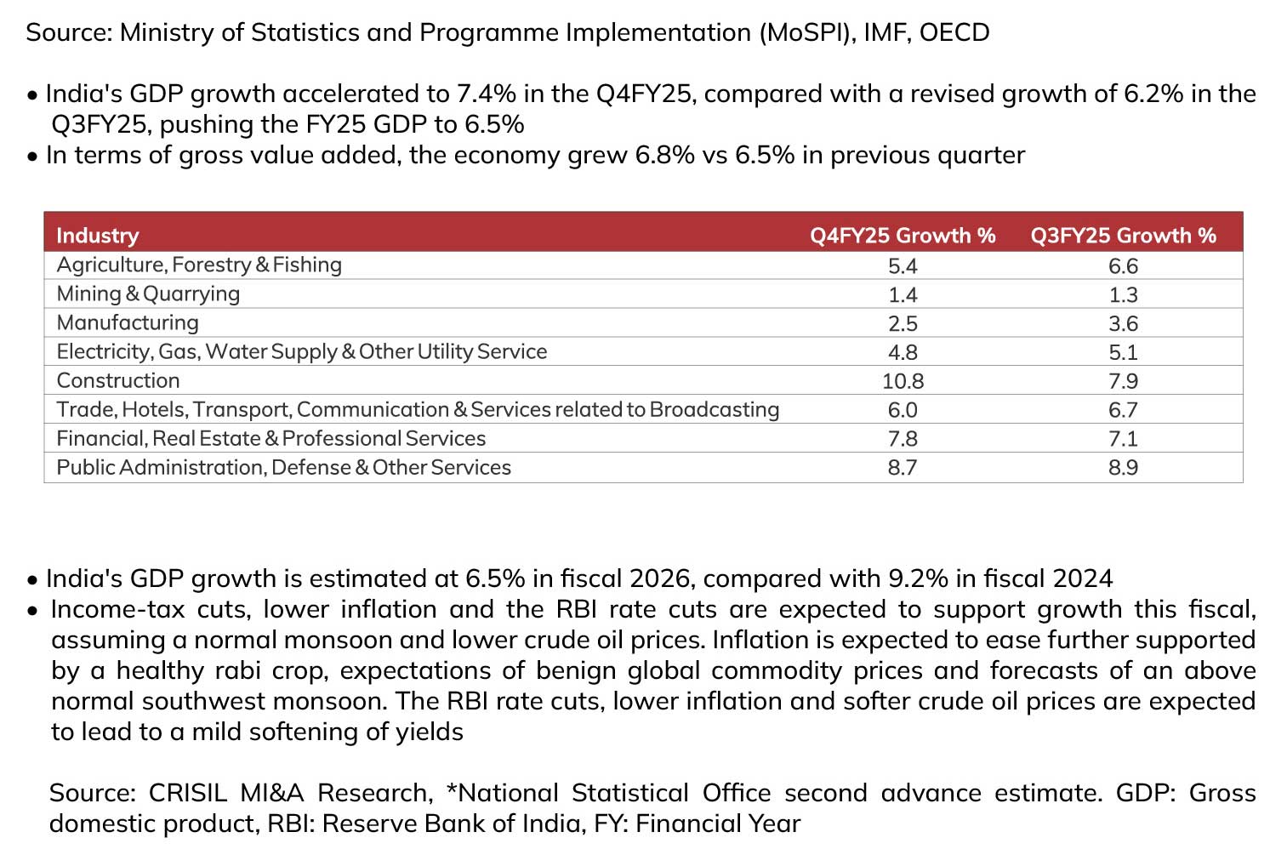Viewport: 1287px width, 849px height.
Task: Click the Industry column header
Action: coord(98,236)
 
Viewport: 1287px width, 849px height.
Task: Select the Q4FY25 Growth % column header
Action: coord(903,236)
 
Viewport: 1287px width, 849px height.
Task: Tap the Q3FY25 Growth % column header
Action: coord(1123,236)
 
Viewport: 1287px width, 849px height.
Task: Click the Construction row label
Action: coord(117,380)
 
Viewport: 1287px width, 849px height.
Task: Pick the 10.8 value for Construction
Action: coord(903,381)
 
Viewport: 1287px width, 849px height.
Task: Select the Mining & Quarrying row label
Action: coord(148,294)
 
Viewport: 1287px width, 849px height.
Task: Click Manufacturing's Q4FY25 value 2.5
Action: coord(903,323)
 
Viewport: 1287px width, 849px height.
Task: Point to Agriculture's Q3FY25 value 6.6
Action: coord(1123,266)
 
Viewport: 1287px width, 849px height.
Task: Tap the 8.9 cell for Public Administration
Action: coord(1123,468)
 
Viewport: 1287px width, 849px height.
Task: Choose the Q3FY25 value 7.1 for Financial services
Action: coord(1123,439)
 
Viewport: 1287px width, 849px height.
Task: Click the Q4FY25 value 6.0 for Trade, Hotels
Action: coord(903,410)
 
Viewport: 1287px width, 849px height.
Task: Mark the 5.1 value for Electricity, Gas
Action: coord(1123,352)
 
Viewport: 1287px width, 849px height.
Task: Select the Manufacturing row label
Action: coord(128,322)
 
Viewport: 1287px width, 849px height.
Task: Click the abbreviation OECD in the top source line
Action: coord(954,32)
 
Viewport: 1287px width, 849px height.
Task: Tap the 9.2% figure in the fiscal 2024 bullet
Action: coord(918,578)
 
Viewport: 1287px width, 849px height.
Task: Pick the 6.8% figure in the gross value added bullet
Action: coord(664,155)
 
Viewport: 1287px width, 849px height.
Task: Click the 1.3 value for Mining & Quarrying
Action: coord(1123,294)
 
